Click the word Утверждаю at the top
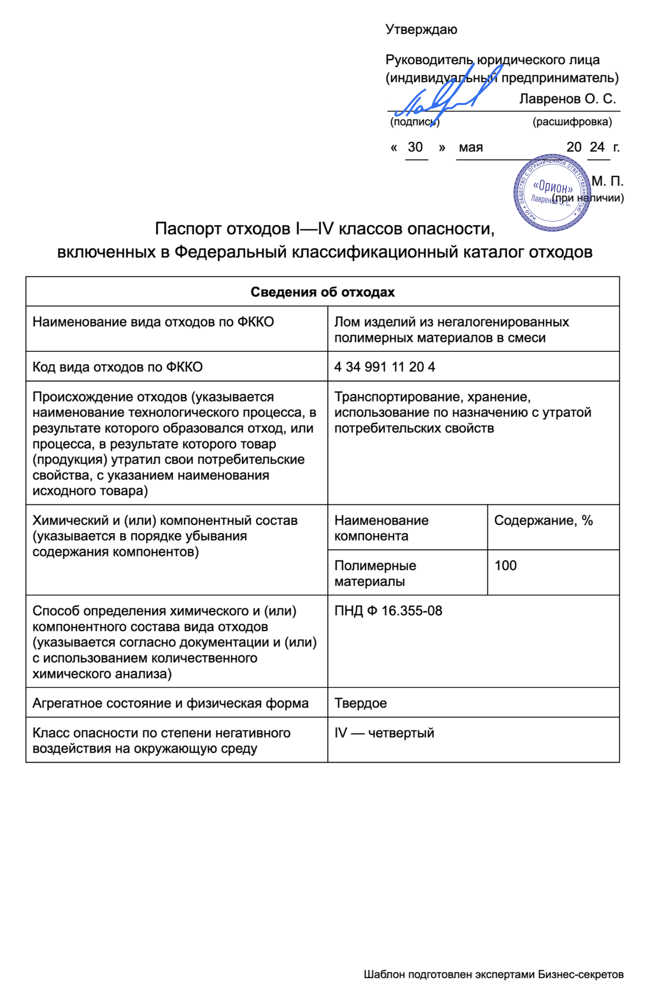point(421,30)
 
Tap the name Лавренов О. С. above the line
point(567,99)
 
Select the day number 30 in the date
point(415,147)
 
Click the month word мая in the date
point(471,147)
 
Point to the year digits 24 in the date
point(597,147)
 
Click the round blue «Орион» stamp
point(552,192)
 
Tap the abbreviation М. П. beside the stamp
point(607,181)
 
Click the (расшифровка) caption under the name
point(572,122)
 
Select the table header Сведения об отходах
point(323,292)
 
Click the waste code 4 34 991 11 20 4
point(384,367)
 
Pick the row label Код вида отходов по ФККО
point(117,367)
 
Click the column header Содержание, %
point(543,520)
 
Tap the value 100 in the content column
point(505,566)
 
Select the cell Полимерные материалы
point(375,574)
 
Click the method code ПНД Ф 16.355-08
point(388,611)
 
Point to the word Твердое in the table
point(360,703)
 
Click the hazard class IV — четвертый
point(384,733)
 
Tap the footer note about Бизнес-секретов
point(493,974)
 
